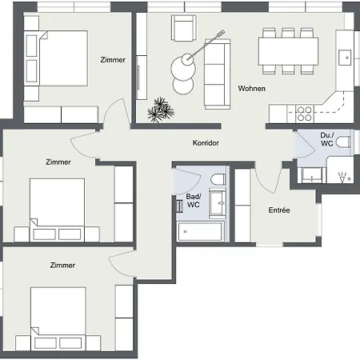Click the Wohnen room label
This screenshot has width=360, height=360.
point(251,88)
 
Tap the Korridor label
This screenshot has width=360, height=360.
point(206,143)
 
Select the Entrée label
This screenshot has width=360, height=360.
point(278,210)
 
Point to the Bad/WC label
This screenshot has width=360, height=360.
point(193,201)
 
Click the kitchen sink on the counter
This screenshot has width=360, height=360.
point(345,56)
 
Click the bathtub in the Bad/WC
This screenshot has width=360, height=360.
point(202,232)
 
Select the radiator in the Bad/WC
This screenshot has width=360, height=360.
point(178,205)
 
